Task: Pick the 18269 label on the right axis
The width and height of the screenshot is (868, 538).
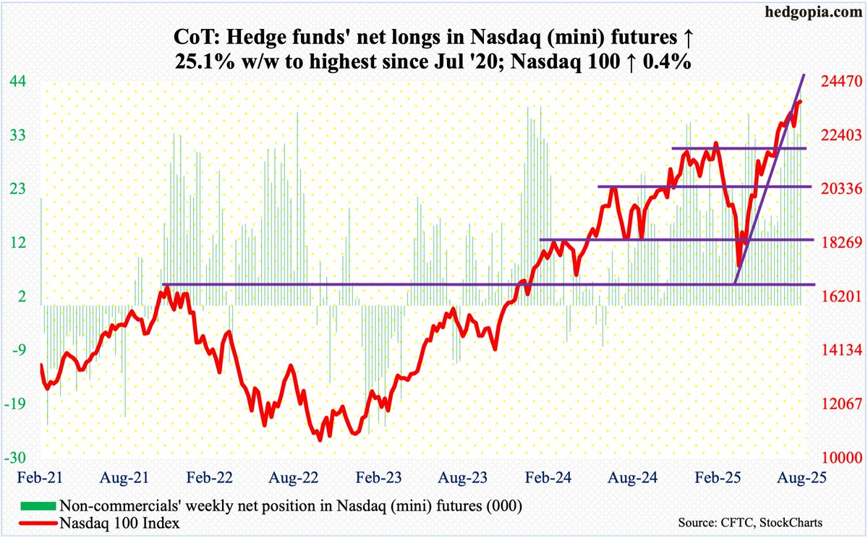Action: point(838,243)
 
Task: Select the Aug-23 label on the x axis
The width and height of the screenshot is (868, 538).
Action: point(459,478)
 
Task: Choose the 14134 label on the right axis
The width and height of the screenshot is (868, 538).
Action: point(838,351)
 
